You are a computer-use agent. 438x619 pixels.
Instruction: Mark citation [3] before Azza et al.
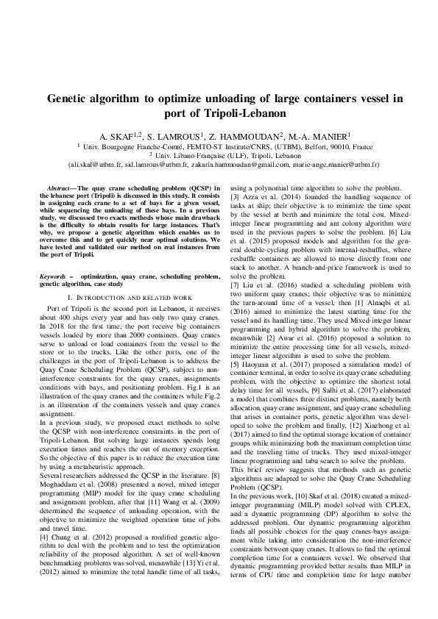click(x=236, y=198)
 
